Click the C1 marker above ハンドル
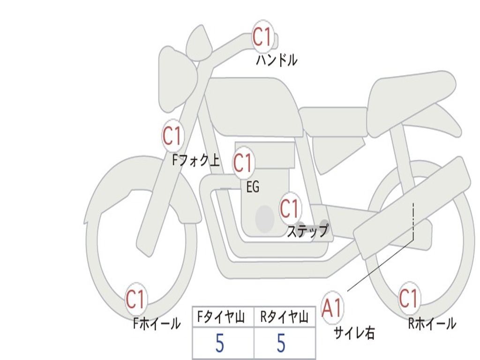(262, 37)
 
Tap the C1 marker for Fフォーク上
(172, 136)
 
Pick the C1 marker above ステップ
(290, 208)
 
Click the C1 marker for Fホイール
(136, 299)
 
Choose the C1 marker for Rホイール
(408, 298)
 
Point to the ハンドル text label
(277, 60)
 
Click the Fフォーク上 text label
(196, 161)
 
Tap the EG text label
(253, 187)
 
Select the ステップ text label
(307, 231)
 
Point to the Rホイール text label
(432, 323)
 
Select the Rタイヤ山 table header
(285, 318)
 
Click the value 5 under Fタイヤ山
(220, 344)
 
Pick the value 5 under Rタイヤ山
(281, 344)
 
